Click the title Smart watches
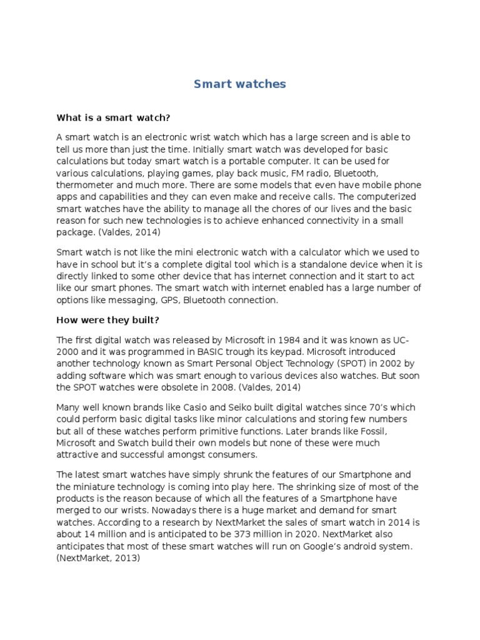point(239,84)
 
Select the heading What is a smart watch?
point(113,117)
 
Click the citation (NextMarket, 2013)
point(98,559)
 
